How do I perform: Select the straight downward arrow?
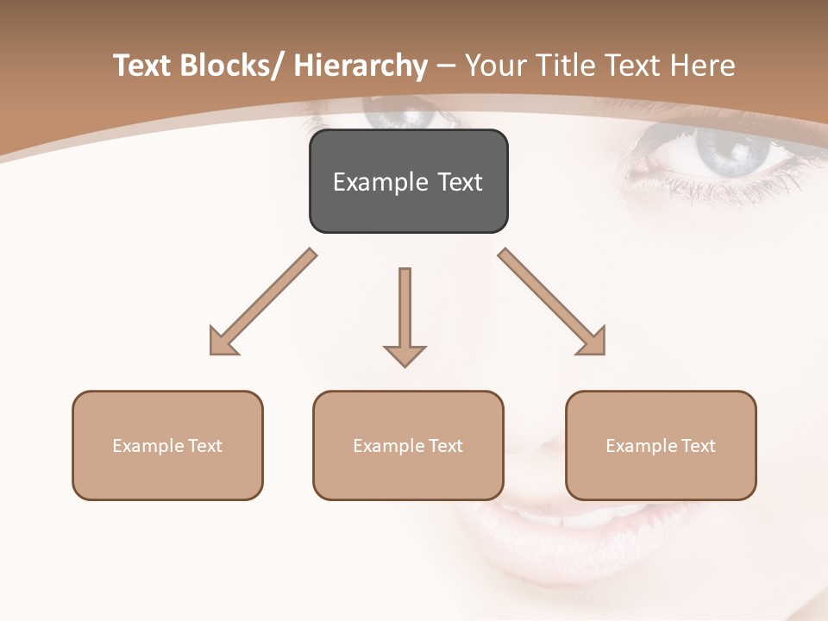pos(405,316)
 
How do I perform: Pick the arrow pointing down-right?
pos(553,302)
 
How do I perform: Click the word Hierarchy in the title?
pos(360,66)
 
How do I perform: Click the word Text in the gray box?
pos(459,182)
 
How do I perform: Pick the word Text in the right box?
pos(699,446)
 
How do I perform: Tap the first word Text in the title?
pos(142,66)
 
